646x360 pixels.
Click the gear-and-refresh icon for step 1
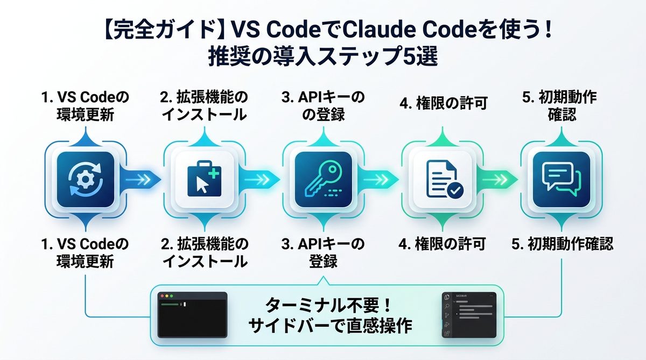click(85, 180)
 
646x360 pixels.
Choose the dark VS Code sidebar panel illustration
click(468, 315)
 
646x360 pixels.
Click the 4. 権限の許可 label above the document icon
click(443, 104)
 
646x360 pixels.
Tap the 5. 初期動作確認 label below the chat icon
click(562, 244)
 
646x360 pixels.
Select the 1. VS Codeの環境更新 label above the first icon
click(85, 106)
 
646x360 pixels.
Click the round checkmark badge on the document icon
click(455, 189)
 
